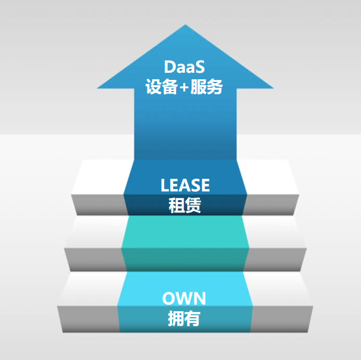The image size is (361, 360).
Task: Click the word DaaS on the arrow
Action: tap(184, 67)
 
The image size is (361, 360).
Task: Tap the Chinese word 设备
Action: tap(162, 86)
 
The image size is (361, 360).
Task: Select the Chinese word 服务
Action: tap(206, 86)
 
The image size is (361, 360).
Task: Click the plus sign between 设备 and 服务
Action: tap(184, 87)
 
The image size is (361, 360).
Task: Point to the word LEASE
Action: tap(185, 185)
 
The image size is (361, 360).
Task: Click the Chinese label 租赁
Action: tap(185, 205)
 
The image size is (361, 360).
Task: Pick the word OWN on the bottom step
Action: tap(184, 298)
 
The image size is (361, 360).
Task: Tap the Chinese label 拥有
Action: tap(184, 318)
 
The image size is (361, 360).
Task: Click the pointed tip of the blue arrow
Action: tap(185, 25)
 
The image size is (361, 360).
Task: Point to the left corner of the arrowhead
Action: tap(97, 88)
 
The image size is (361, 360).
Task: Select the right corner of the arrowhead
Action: tap(273, 88)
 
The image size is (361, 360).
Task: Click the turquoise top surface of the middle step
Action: tap(185, 232)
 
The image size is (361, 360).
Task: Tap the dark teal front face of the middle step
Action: tap(185, 260)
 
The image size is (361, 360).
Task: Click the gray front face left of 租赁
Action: tap(99, 205)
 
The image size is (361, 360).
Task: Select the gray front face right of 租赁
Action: tap(271, 205)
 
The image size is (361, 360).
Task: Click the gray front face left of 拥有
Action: tap(89, 319)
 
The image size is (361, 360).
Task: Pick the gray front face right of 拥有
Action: tap(282, 319)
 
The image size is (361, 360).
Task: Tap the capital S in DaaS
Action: tap(199, 67)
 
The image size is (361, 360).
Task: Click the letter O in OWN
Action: tap(168, 298)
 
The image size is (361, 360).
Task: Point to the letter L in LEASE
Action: tap(165, 185)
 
